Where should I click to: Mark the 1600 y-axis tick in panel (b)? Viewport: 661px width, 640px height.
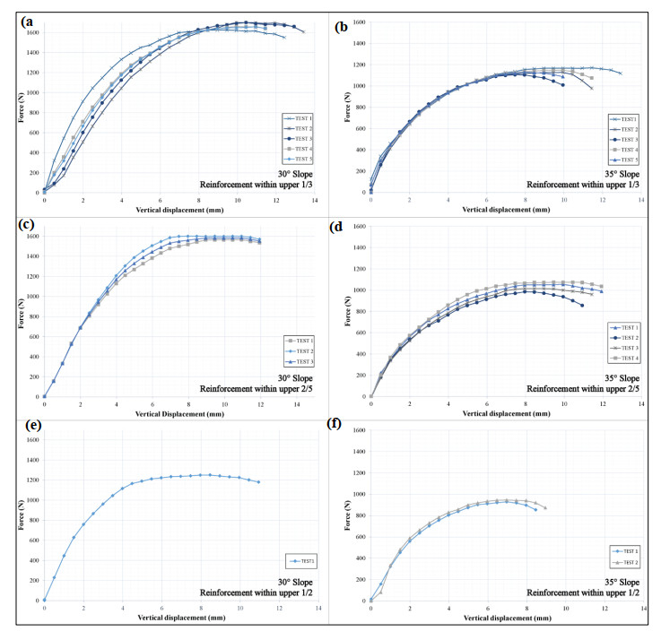coord(356,22)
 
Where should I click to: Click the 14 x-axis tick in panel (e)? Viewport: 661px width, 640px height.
coord(318,610)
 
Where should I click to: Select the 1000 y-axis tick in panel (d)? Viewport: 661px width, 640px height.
coord(356,290)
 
